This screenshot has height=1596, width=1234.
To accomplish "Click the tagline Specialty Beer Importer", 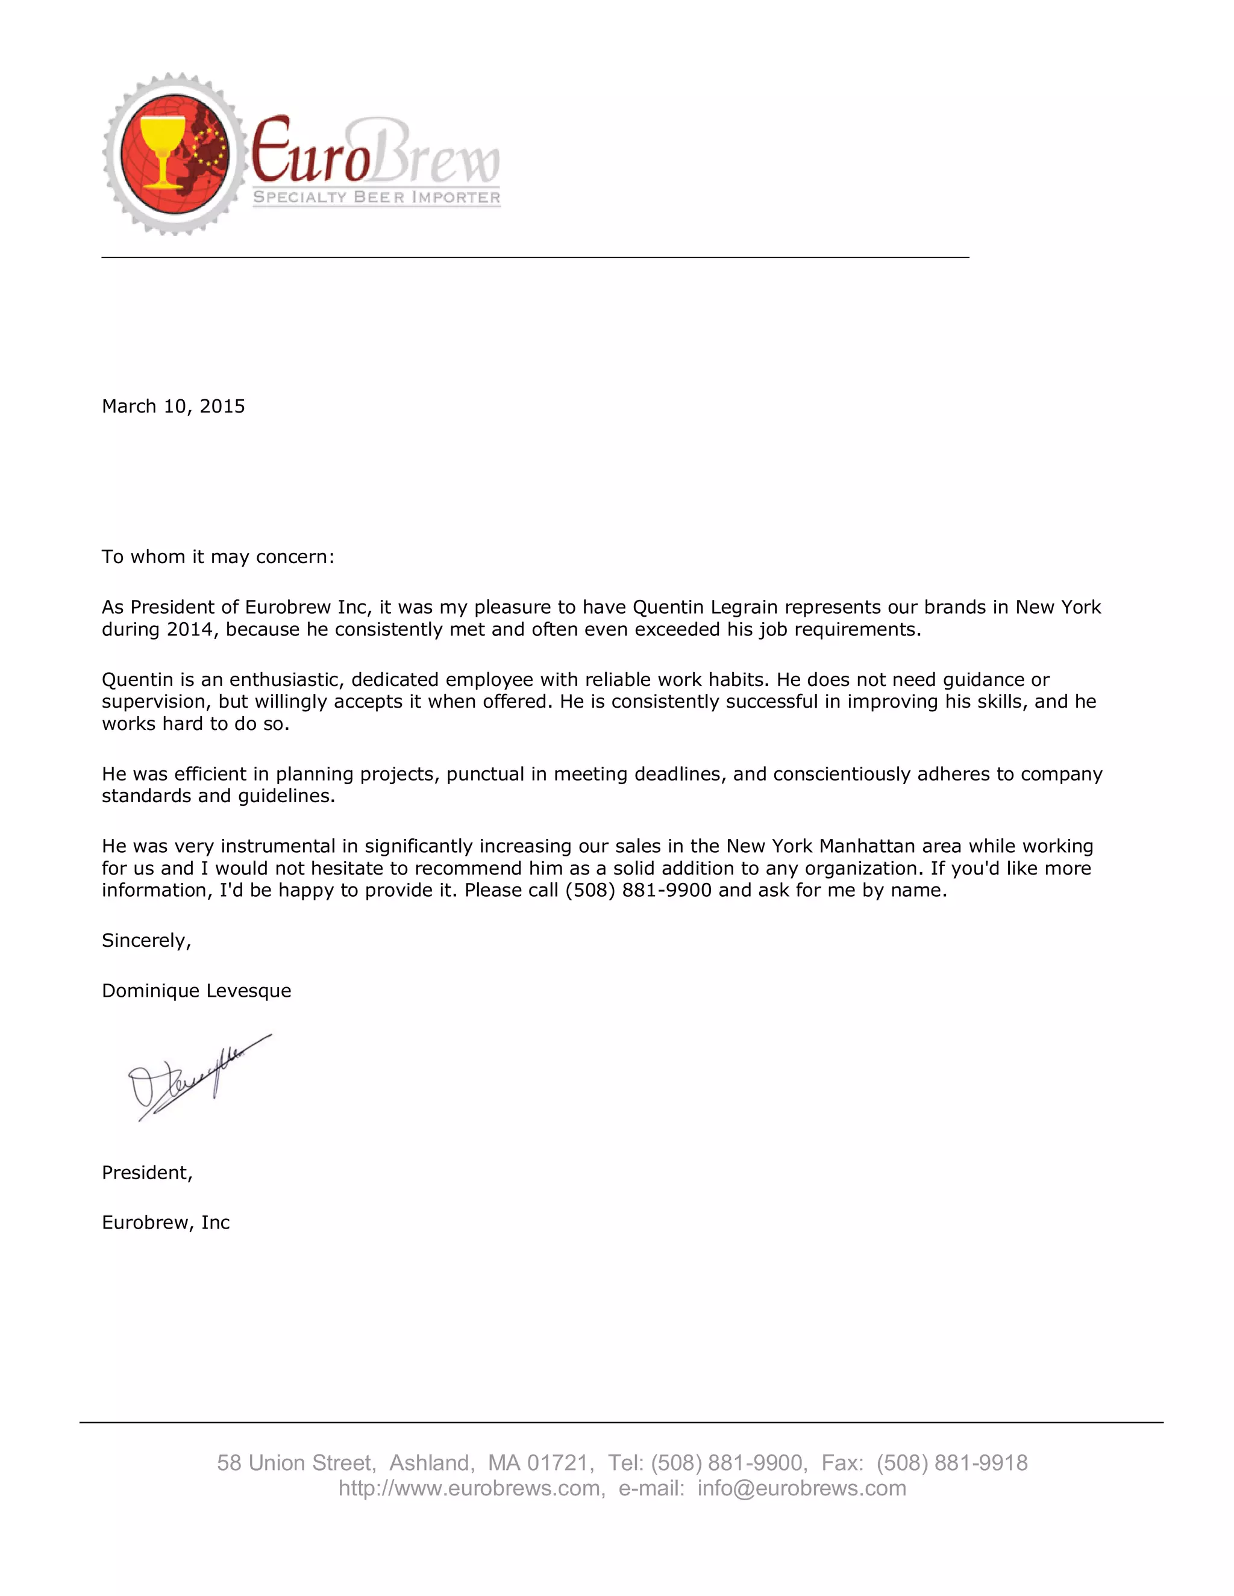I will tap(377, 198).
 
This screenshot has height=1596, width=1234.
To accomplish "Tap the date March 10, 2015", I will tap(174, 407).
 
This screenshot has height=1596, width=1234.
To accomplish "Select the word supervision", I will tap(151, 702).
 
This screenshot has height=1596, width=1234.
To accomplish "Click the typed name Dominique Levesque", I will tap(196, 991).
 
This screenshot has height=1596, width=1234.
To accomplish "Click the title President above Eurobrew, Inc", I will tap(147, 1173).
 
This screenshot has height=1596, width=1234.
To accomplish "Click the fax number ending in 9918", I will tap(952, 1463).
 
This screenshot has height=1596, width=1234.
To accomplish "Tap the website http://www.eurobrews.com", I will tap(469, 1489).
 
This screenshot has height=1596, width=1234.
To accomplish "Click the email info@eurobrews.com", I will tap(801, 1489).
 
